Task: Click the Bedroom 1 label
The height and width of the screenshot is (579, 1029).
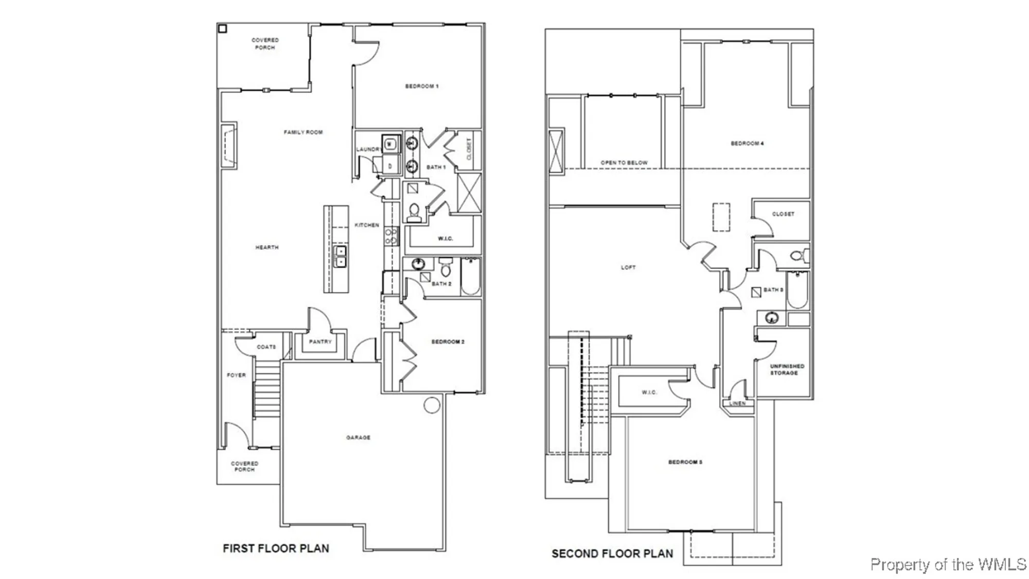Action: tap(421, 86)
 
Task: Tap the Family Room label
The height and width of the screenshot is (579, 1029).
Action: tap(303, 132)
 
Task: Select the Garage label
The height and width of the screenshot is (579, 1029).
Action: tap(358, 437)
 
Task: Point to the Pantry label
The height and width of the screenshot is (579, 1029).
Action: tap(320, 342)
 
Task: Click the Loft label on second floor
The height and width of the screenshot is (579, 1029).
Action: tap(628, 267)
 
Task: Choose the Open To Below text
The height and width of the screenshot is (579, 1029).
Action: tap(624, 163)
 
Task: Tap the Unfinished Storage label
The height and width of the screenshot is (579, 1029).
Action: tap(787, 369)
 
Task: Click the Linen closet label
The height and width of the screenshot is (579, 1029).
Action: tap(737, 403)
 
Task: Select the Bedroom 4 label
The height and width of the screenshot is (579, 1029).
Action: tap(747, 143)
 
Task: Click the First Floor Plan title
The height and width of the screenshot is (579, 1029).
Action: tap(276, 549)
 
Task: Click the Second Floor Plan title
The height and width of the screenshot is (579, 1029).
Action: tap(612, 554)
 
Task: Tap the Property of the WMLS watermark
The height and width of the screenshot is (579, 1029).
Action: tap(948, 565)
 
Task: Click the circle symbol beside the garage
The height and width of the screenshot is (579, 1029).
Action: tap(432, 405)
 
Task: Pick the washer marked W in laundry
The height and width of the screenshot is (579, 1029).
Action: tap(389, 144)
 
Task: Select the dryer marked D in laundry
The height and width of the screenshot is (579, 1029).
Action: tap(390, 166)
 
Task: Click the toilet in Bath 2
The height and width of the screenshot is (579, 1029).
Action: tap(446, 268)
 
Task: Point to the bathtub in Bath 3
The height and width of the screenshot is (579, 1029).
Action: tap(797, 290)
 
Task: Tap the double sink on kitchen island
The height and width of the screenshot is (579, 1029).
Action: tap(340, 257)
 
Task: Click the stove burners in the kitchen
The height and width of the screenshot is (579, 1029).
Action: tap(391, 236)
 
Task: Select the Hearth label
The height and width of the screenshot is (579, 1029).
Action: tap(267, 247)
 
